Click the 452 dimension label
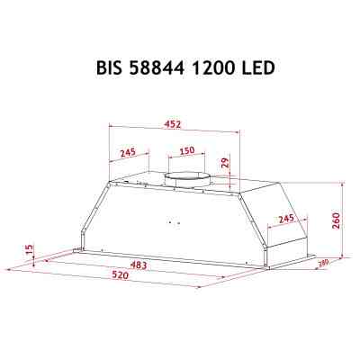175,125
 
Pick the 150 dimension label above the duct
185,151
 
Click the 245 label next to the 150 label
127,151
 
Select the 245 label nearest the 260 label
286,219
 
